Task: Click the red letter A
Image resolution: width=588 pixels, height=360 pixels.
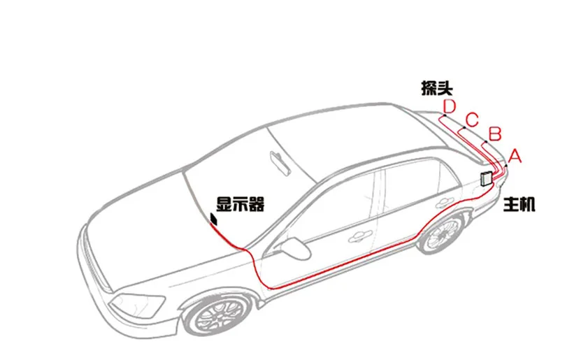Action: [515, 156]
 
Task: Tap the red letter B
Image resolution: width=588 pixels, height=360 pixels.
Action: [494, 132]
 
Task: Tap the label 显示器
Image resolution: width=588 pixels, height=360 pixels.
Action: [239, 204]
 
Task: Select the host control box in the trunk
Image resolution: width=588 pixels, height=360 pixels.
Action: [487, 178]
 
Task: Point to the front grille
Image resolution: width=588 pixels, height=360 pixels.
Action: [94, 269]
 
